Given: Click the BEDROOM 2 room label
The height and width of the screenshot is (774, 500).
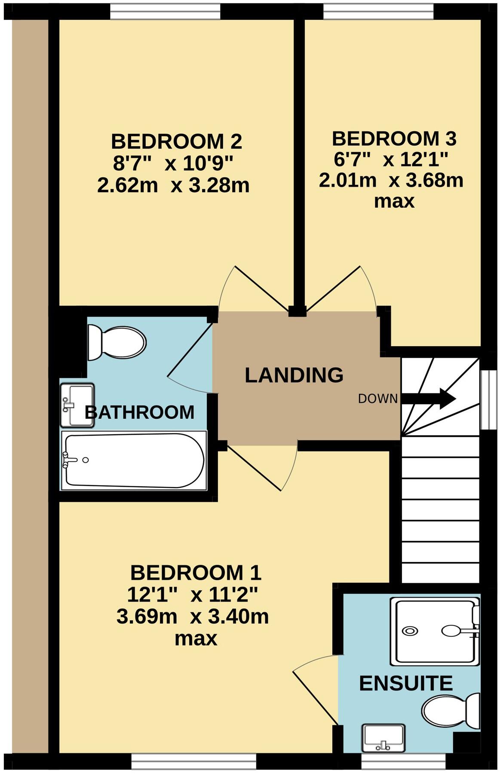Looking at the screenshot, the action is [176, 141].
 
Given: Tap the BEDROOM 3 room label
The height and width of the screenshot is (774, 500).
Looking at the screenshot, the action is [394, 139].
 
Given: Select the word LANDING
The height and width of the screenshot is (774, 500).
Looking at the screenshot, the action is [294, 375].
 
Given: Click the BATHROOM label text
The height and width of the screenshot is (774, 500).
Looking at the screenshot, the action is [139, 412].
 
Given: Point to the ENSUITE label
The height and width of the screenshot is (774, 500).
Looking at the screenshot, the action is [406, 683].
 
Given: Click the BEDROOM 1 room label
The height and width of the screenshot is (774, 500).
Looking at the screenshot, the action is [196, 573].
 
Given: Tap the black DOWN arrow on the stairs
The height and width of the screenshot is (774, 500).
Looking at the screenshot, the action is [428, 398].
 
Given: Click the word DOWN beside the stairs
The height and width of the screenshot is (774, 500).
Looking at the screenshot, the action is [378, 399].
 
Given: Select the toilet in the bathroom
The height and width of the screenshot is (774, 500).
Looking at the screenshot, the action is [117, 343].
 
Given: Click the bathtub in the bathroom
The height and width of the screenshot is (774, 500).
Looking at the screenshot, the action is [134, 461].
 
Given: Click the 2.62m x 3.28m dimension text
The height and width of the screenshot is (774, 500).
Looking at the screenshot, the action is [173, 186].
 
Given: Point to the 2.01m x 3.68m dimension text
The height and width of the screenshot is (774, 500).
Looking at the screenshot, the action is [391, 181].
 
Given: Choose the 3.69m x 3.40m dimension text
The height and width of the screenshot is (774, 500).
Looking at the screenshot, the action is [193, 617].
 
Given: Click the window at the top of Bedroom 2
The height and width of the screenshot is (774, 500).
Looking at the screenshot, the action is [166, 12].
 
